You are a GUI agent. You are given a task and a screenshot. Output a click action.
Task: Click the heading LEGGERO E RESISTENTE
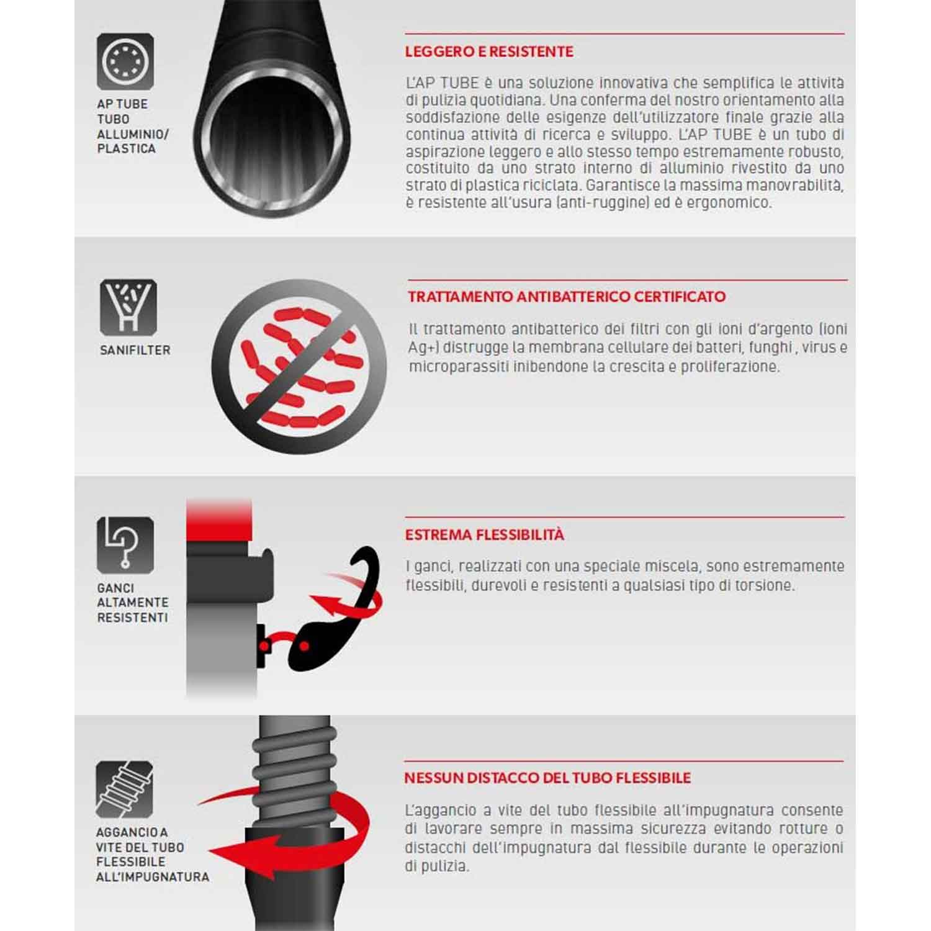(489, 52)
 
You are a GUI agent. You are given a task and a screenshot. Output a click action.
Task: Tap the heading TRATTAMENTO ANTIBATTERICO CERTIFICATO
(567, 297)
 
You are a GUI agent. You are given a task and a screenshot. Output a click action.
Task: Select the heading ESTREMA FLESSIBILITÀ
(485, 534)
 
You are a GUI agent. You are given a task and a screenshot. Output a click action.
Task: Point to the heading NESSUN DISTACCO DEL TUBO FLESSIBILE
(547, 778)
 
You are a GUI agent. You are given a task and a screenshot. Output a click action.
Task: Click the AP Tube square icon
(125, 61)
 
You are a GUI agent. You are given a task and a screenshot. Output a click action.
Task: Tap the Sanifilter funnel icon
(128, 308)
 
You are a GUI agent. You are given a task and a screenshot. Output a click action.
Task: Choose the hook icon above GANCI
(125, 544)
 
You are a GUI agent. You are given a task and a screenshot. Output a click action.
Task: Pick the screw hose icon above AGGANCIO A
(124, 789)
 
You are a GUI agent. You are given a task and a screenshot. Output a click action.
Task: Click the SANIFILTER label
(135, 350)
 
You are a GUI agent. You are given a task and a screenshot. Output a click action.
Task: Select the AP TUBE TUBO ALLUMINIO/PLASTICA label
(133, 127)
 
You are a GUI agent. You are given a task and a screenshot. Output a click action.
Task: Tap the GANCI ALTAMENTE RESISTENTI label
(133, 603)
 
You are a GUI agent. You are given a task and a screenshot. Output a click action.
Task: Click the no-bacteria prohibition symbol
(299, 366)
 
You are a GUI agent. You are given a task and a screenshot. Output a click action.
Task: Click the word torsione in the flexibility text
(765, 585)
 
